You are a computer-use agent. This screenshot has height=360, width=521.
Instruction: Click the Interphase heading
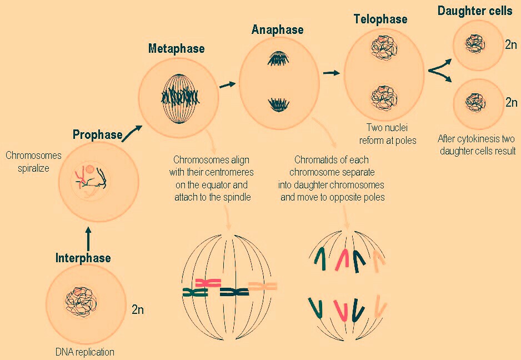83,258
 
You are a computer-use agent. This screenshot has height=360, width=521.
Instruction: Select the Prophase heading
97,134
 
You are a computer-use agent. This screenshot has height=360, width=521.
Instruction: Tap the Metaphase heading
176,49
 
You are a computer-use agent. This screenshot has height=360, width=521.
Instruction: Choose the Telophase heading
380,19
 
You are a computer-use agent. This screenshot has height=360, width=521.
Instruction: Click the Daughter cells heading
475,11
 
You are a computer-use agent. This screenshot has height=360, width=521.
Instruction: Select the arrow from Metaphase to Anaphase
227,84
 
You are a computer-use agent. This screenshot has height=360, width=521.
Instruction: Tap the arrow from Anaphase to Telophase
331,72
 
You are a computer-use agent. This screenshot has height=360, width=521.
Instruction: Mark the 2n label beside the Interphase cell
138,309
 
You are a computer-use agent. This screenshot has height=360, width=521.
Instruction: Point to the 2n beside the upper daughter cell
511,44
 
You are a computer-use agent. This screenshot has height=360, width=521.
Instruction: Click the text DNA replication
84,352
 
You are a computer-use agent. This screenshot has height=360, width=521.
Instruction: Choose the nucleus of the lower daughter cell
475,102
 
